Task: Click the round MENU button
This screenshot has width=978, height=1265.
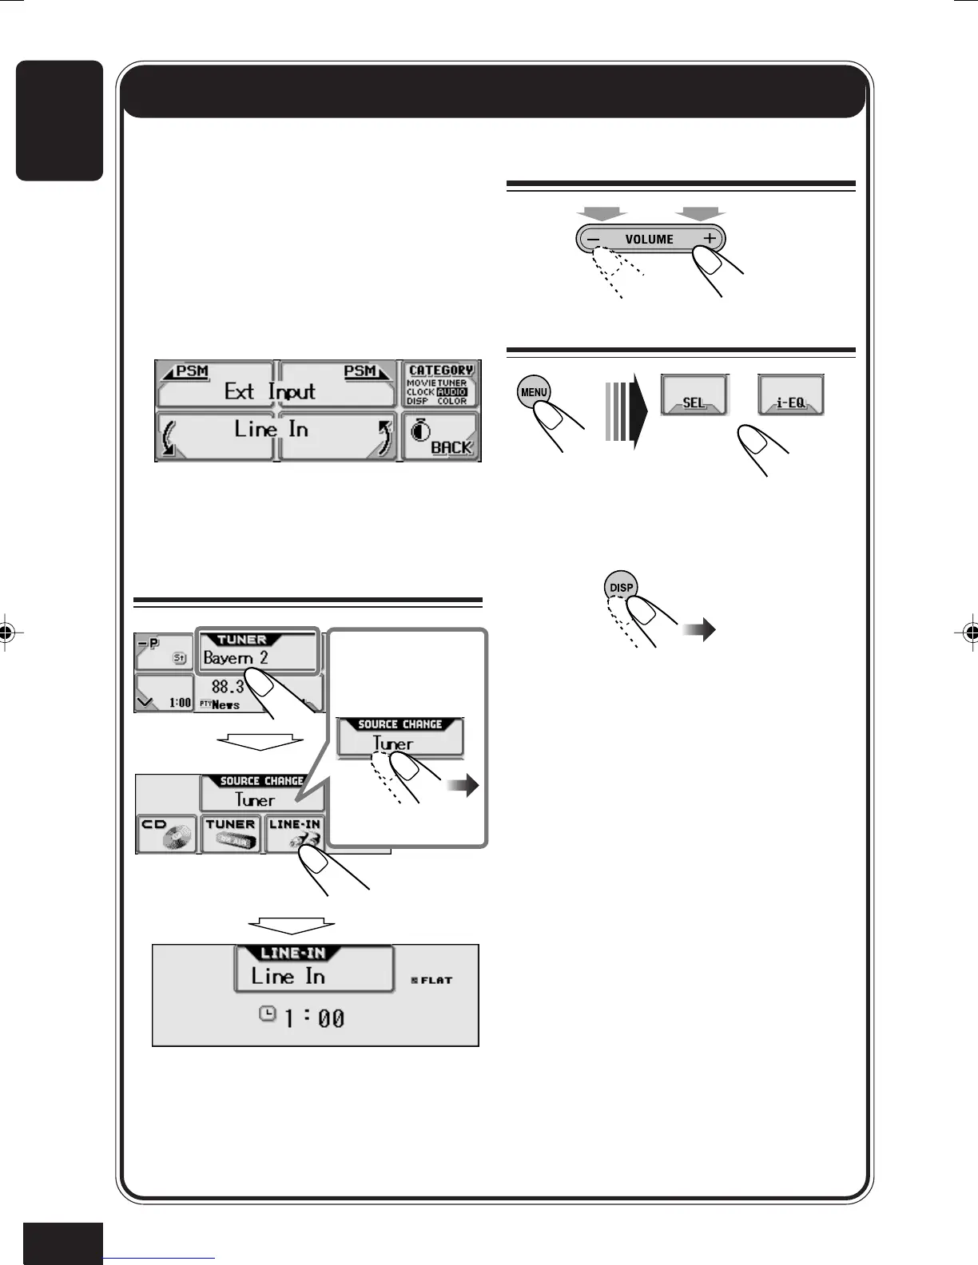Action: [x=534, y=392]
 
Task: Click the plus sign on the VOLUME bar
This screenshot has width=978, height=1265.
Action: [x=709, y=239]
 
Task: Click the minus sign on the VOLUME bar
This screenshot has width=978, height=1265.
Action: [x=593, y=239]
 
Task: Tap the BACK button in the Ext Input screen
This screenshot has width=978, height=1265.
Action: [x=441, y=437]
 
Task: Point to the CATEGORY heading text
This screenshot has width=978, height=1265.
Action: [x=440, y=371]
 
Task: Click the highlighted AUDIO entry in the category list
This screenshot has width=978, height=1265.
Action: [x=452, y=392]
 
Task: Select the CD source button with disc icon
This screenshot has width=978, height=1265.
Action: [x=166, y=835]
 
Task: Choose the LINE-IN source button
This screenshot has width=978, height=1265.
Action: [x=295, y=835]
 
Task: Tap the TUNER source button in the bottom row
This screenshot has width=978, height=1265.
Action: [x=230, y=835]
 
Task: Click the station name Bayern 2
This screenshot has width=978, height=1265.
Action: [x=236, y=658]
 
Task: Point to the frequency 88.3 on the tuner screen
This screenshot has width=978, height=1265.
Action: [x=228, y=686]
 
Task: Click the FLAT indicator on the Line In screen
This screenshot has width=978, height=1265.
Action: [x=432, y=980]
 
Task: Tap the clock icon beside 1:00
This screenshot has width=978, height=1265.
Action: [x=268, y=1013]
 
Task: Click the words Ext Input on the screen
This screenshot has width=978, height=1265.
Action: [x=270, y=391]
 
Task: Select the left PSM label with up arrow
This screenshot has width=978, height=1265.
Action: [x=185, y=371]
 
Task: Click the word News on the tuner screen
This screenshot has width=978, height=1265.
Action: [x=225, y=704]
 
